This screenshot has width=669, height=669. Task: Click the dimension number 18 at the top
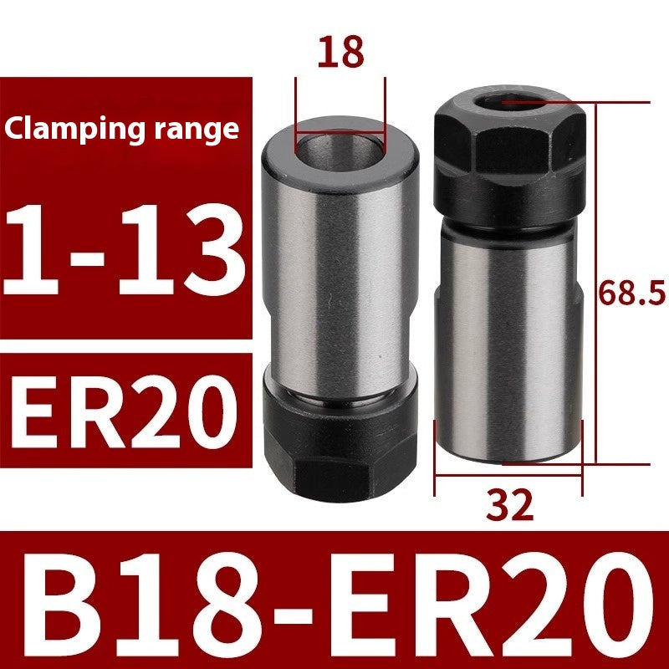[x=341, y=52]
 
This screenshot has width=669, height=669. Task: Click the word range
[x=198, y=130]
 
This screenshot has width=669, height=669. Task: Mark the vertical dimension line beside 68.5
[x=595, y=284]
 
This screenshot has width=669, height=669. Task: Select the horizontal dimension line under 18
[x=340, y=132]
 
